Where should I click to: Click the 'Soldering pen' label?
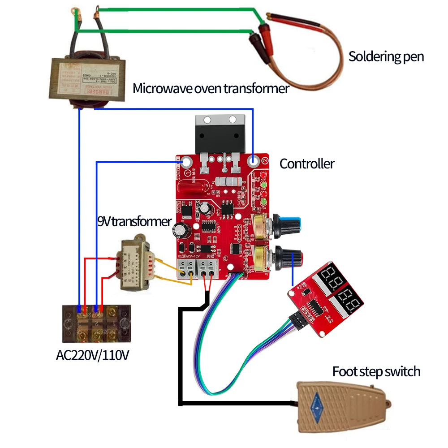click(386, 57)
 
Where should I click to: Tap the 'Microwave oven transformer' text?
click(211, 89)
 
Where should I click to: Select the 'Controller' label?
click(307, 164)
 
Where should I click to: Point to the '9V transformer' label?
click(134, 221)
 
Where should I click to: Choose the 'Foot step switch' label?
click(376, 371)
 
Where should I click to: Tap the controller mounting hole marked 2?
click(254, 160)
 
